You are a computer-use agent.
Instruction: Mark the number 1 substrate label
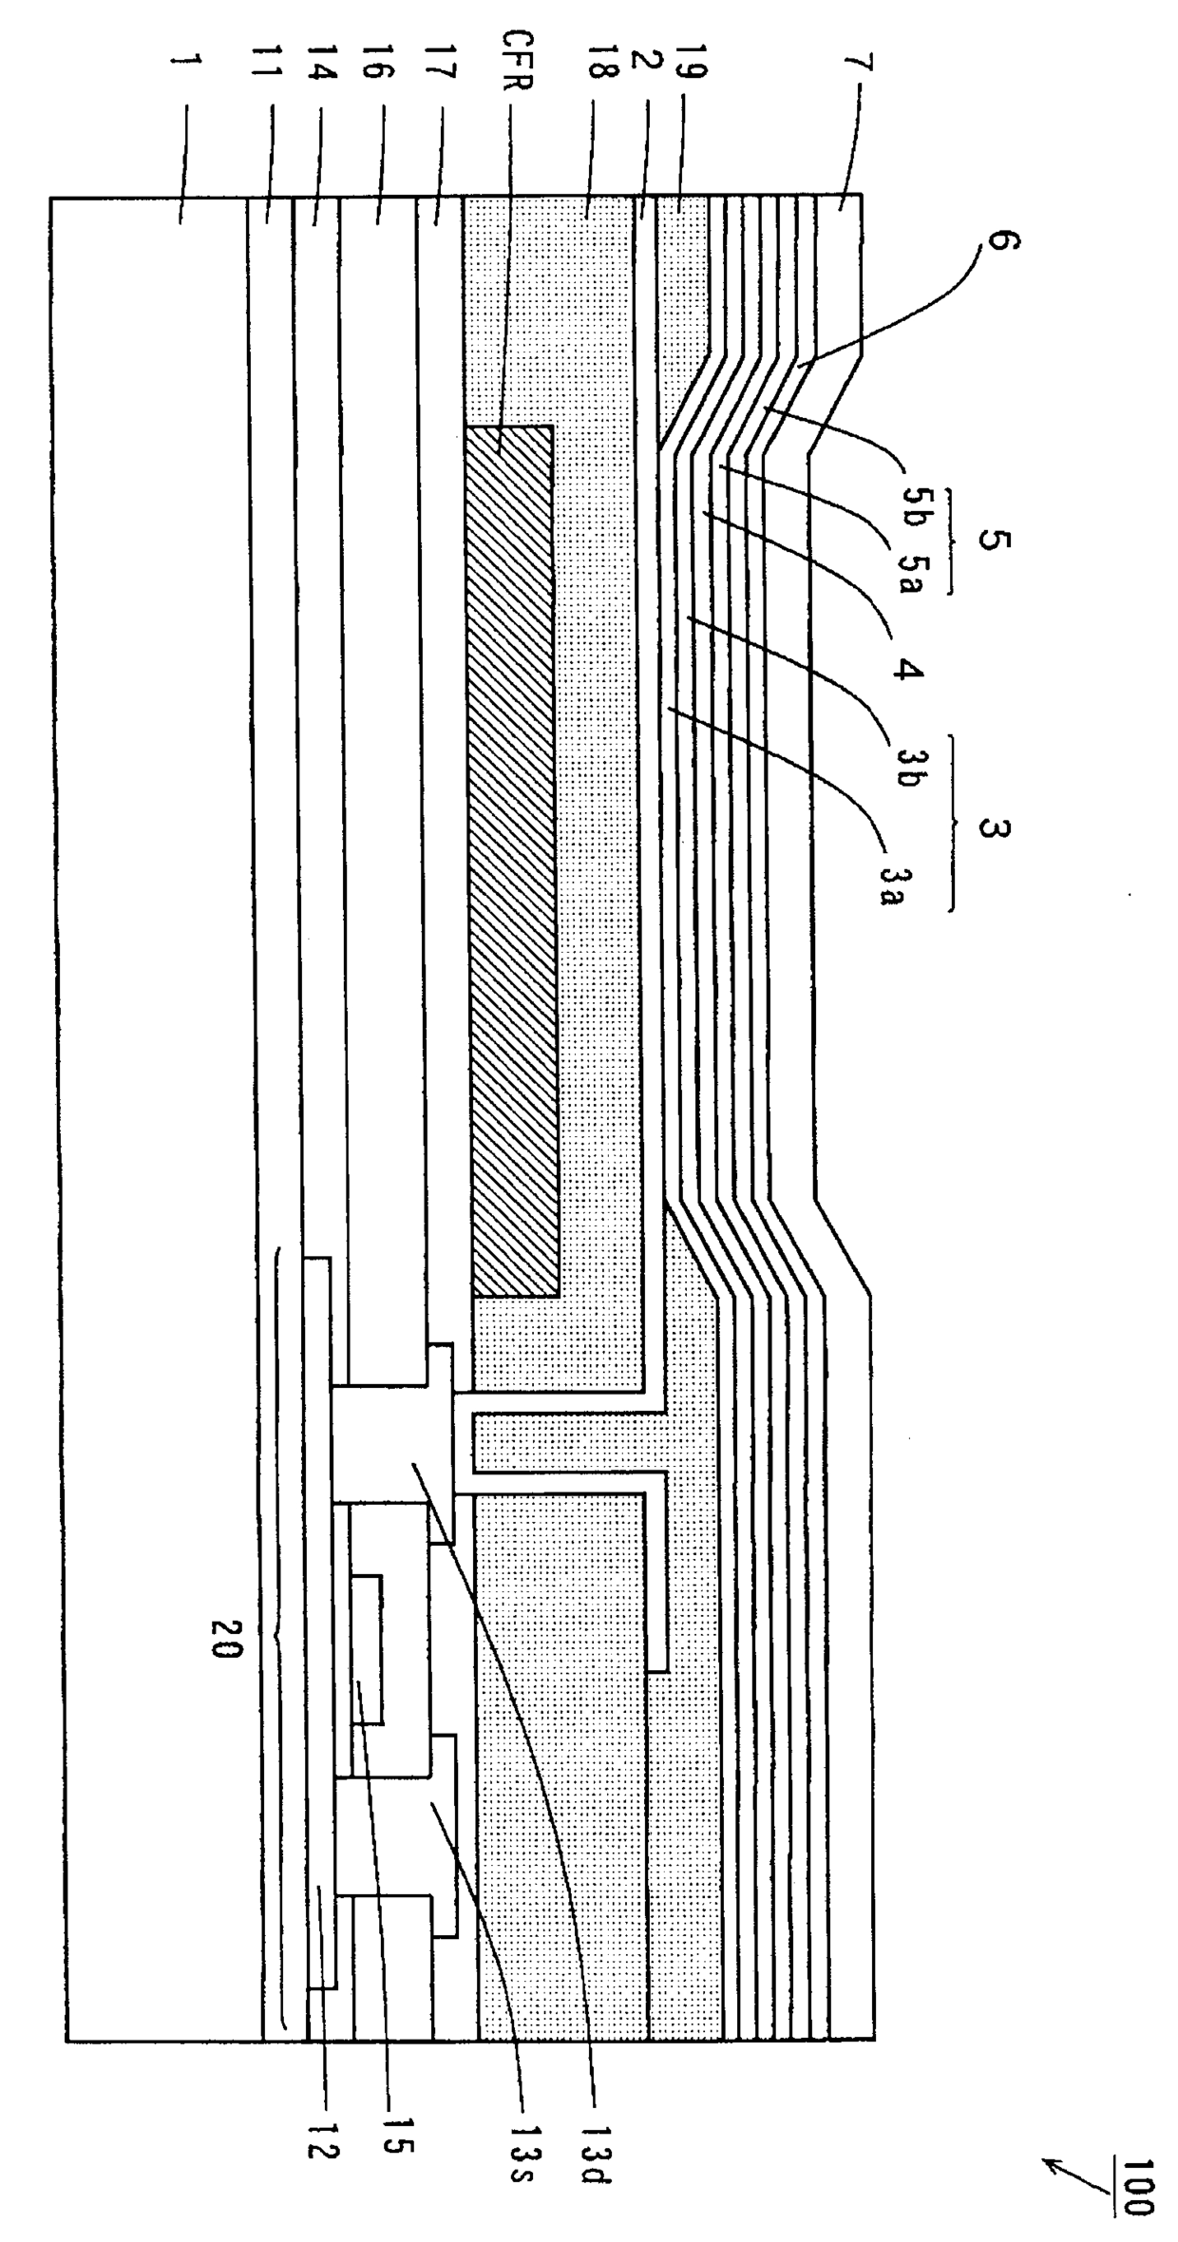pyautogui.click(x=185, y=66)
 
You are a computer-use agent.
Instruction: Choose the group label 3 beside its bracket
pyautogui.click(x=994, y=827)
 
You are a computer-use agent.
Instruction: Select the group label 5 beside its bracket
pyautogui.click(x=994, y=542)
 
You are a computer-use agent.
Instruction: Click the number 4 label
pyautogui.click(x=907, y=669)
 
